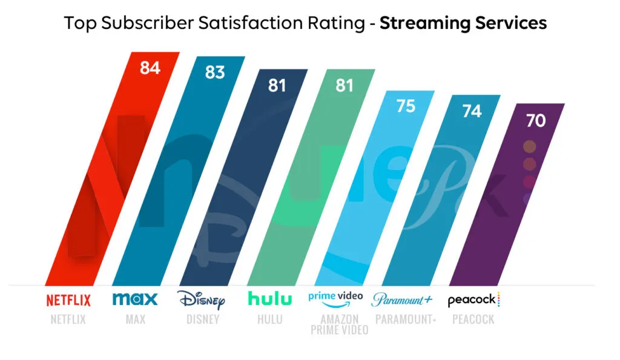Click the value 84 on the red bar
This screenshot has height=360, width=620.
(150, 68)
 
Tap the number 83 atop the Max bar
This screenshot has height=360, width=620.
(214, 72)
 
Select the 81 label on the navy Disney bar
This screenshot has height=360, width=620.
(277, 86)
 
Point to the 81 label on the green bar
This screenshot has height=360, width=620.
(344, 86)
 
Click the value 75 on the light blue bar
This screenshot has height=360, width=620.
(405, 106)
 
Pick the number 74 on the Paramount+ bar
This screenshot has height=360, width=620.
(471, 111)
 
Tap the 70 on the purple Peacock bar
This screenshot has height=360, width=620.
(535, 120)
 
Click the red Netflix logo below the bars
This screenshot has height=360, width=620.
(68, 300)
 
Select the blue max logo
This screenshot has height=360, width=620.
(135, 299)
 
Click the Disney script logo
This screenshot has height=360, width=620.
(201, 299)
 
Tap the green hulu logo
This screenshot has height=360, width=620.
(269, 299)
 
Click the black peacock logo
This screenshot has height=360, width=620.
(473, 299)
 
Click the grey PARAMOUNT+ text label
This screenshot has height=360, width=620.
(405, 319)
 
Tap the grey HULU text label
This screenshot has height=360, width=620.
(269, 319)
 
